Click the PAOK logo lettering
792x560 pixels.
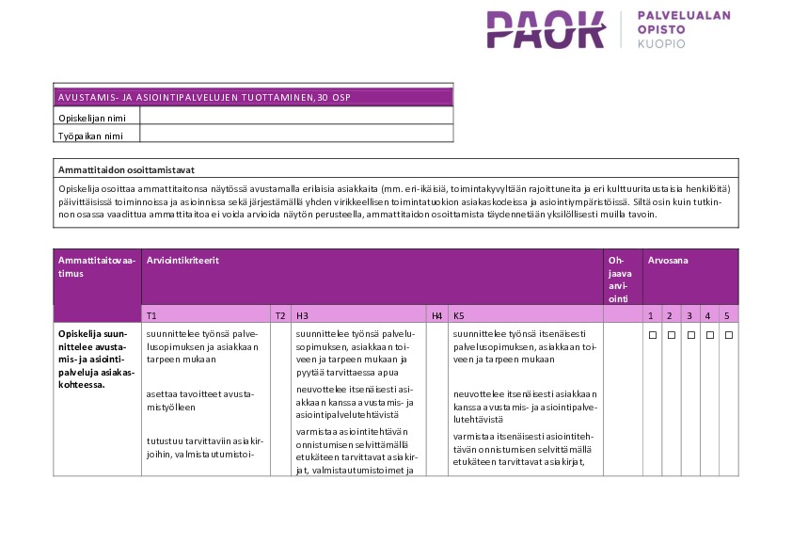click(546, 30)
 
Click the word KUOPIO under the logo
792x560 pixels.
click(661, 43)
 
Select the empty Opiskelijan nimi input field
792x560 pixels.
click(296, 116)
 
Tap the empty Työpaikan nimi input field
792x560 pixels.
click(296, 135)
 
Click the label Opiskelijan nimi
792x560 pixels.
click(91, 117)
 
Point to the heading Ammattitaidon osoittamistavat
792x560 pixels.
click(126, 170)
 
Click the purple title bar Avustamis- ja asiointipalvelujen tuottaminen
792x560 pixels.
click(253, 97)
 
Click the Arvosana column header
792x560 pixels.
click(667, 259)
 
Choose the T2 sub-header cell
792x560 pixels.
click(280, 315)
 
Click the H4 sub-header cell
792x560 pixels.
click(436, 315)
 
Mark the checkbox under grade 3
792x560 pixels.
click(689, 334)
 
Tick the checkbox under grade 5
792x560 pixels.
click(728, 334)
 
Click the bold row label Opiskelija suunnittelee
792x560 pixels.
click(96, 358)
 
